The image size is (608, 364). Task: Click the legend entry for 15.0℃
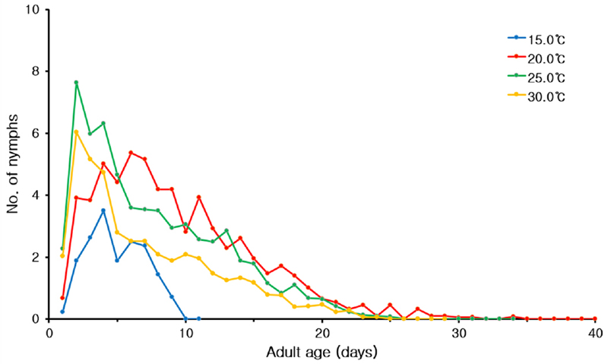(537, 37)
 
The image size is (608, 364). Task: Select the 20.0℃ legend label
(537, 57)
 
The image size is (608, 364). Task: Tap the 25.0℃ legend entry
(537, 77)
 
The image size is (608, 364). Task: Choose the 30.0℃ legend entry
(537, 97)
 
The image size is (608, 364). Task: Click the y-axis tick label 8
(39, 71)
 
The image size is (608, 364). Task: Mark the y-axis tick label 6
(39, 134)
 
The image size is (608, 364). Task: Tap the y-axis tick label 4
(39, 195)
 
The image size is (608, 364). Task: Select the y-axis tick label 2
(39, 258)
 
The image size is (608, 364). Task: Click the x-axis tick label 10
(185, 333)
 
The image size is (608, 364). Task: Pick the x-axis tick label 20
(321, 333)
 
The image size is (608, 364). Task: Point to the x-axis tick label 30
(458, 333)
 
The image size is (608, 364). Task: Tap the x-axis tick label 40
(595, 333)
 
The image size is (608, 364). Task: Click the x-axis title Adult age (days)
(321, 352)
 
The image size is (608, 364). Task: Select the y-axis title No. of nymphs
(13, 164)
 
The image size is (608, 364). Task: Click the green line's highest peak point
(76, 82)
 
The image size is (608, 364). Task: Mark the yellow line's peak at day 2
(76, 131)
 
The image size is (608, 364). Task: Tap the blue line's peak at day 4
(103, 210)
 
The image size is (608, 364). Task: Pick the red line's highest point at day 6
(131, 153)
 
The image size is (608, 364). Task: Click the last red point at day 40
(595, 318)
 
